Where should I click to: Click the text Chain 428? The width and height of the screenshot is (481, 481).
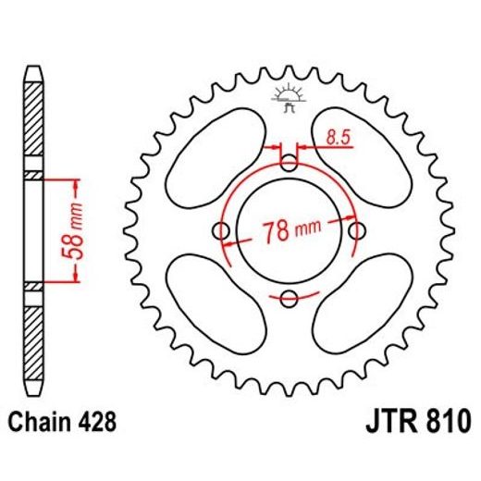click(64, 424)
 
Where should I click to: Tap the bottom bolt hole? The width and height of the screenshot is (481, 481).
click(289, 297)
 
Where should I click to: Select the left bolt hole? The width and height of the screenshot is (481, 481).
click(222, 230)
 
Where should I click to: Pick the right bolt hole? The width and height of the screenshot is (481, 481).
click(355, 230)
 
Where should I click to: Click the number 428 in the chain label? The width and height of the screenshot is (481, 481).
click(98, 424)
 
